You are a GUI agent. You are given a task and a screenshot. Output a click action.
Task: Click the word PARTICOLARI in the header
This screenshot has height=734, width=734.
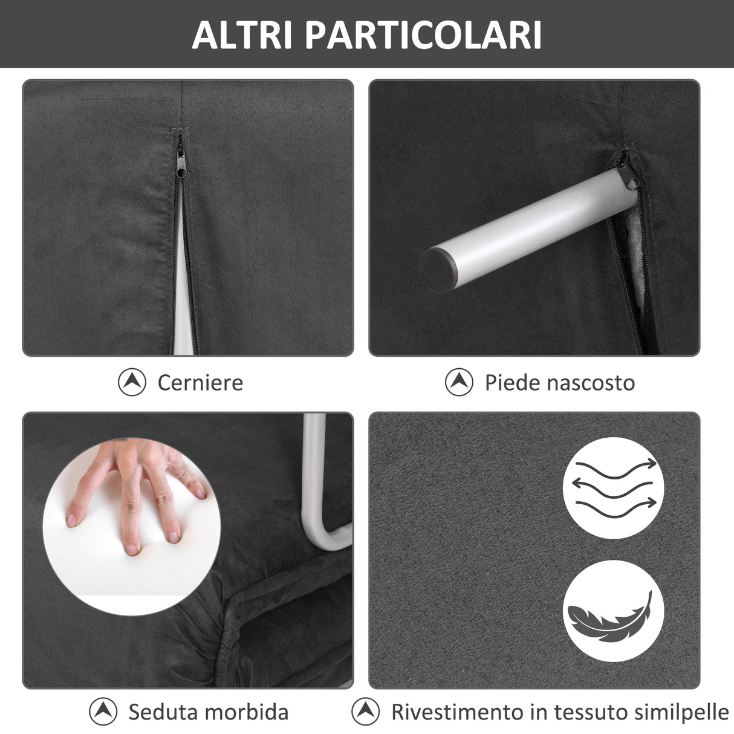click(x=423, y=35)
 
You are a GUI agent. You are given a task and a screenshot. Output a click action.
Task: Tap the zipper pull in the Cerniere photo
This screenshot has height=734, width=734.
click(x=180, y=161)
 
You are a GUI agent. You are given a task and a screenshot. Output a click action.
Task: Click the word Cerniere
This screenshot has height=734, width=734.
click(x=200, y=383)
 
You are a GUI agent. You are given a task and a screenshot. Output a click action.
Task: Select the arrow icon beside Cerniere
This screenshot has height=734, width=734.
click(x=132, y=382)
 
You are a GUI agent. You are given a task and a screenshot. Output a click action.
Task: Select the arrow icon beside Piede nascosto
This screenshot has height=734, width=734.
click(x=459, y=382)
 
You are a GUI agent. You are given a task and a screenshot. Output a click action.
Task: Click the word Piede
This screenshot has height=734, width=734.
click(x=510, y=383)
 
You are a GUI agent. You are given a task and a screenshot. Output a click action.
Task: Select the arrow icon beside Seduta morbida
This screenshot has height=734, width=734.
click(x=103, y=712)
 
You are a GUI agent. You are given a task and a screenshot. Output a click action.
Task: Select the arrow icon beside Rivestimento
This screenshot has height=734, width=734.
click(x=366, y=712)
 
